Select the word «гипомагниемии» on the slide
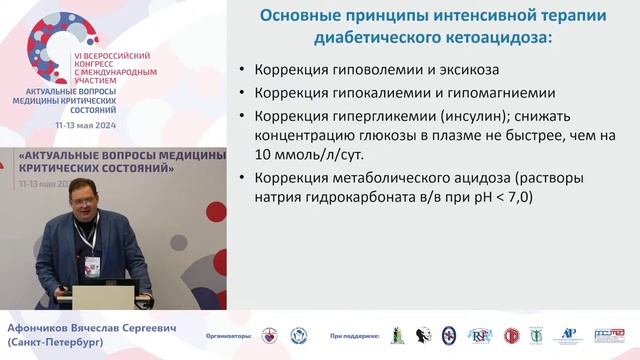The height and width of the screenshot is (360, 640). click(x=503, y=93)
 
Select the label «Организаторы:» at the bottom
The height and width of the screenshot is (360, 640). click(x=230, y=336)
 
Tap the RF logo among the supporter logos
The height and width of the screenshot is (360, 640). click(x=479, y=335)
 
